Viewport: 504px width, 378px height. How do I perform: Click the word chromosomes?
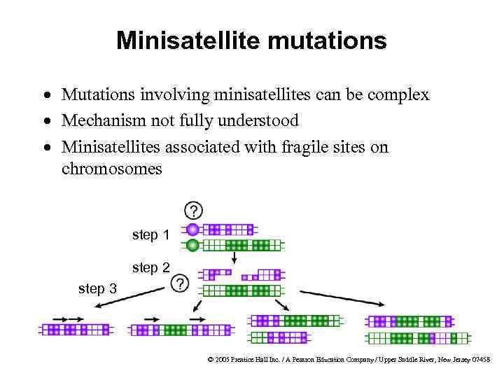point(111,169)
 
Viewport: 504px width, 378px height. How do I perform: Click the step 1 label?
point(150,235)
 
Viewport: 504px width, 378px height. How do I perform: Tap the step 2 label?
point(150,267)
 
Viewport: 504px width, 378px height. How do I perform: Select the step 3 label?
point(98,288)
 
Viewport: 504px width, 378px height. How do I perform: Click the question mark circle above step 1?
point(193,210)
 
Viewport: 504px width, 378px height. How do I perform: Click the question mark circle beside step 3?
point(181,283)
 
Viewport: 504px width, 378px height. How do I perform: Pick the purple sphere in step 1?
point(192,229)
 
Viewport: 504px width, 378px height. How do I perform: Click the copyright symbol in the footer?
point(211,359)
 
